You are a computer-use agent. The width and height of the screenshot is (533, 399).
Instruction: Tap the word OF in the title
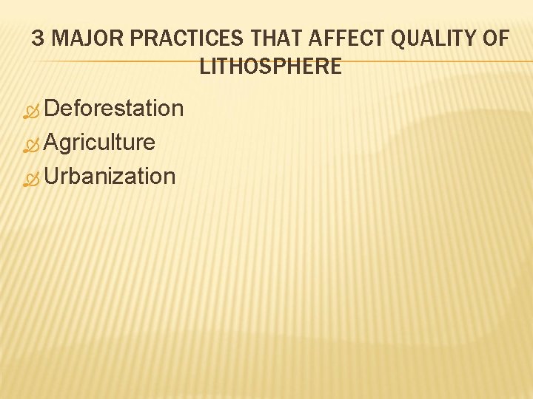click(x=495, y=38)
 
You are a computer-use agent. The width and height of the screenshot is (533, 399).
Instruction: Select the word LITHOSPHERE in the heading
click(x=270, y=66)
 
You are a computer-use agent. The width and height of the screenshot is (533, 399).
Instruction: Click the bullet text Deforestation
click(x=114, y=109)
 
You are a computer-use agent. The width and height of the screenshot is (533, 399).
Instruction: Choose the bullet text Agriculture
click(x=100, y=142)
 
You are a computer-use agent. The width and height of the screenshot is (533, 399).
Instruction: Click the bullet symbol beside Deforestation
click(x=30, y=111)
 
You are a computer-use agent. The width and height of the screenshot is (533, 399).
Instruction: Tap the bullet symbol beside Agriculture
click(x=30, y=144)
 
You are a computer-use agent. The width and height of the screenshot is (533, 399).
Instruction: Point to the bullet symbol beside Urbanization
click(x=30, y=178)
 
